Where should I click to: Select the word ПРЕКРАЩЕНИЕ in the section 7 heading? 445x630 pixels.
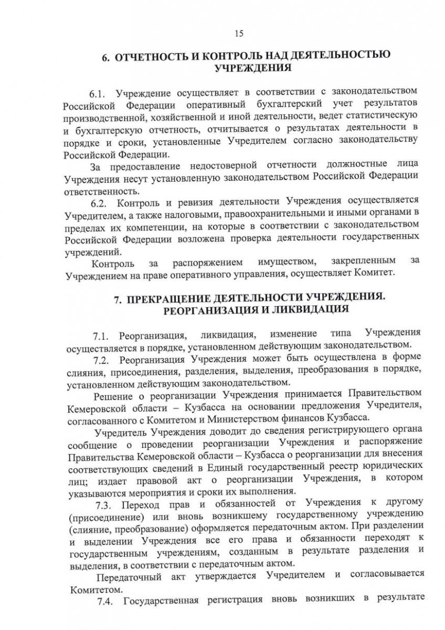174,298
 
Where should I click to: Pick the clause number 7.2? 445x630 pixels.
101,360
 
